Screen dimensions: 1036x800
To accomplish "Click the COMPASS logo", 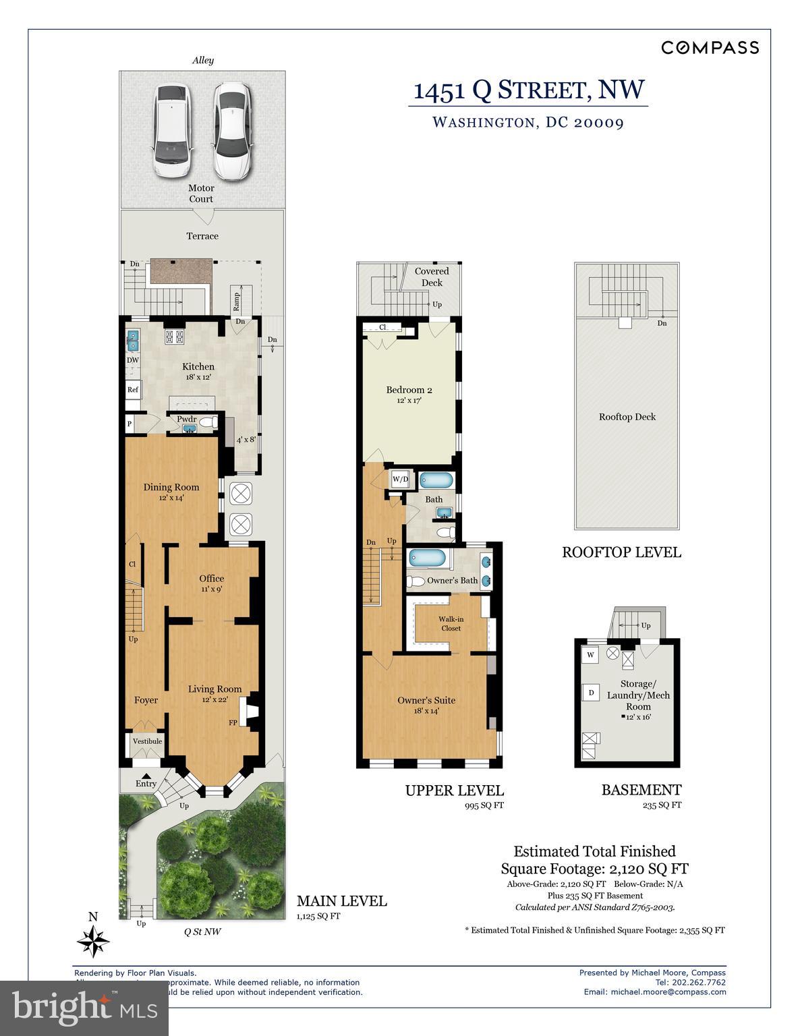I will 710,47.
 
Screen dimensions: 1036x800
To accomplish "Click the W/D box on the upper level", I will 400,480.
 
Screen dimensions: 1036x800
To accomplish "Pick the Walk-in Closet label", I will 451,623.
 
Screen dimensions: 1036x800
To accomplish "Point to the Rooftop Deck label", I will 627,417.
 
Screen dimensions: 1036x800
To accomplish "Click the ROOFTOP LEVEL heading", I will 621,552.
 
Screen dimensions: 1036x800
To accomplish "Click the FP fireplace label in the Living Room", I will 233,723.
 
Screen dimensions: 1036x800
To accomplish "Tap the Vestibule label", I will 147,741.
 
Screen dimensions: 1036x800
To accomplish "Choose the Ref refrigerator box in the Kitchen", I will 132,390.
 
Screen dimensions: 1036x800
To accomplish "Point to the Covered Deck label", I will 432,277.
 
